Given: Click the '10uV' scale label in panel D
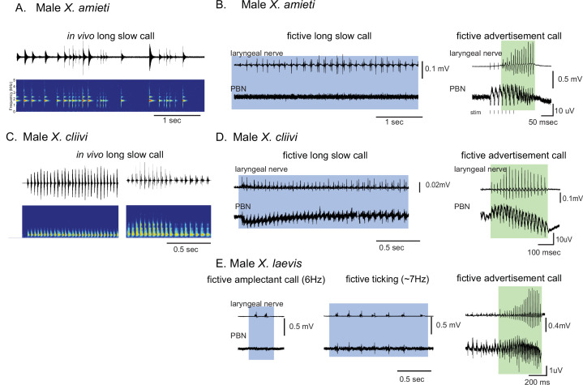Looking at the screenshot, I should pyautogui.click(x=564, y=239).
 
